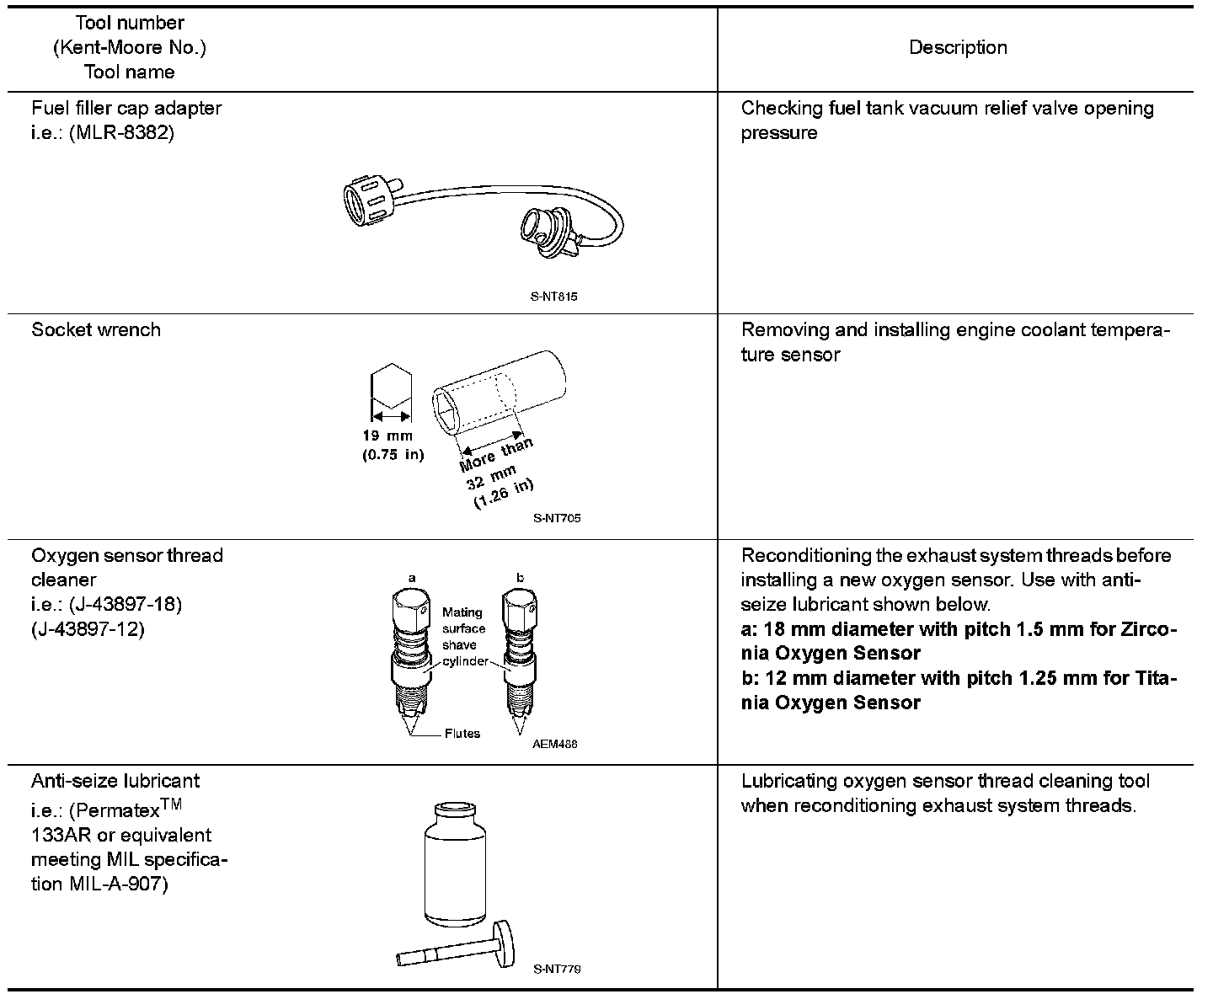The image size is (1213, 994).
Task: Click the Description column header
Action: click(958, 48)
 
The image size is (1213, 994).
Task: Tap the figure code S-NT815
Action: click(554, 297)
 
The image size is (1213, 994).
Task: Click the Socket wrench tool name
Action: click(96, 329)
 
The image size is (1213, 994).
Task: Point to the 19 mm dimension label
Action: click(387, 436)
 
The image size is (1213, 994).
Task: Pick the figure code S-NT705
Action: click(557, 518)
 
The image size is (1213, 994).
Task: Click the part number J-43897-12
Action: click(88, 628)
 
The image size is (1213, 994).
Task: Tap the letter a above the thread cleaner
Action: click(412, 578)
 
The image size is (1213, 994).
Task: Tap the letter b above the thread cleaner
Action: click(520, 578)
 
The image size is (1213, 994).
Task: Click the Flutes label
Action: click(462, 734)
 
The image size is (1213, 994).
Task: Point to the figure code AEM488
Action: click(555, 744)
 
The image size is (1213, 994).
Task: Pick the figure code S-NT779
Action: click(557, 969)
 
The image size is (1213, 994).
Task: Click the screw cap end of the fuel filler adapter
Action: click(366, 199)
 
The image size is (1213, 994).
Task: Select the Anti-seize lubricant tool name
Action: click(116, 781)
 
